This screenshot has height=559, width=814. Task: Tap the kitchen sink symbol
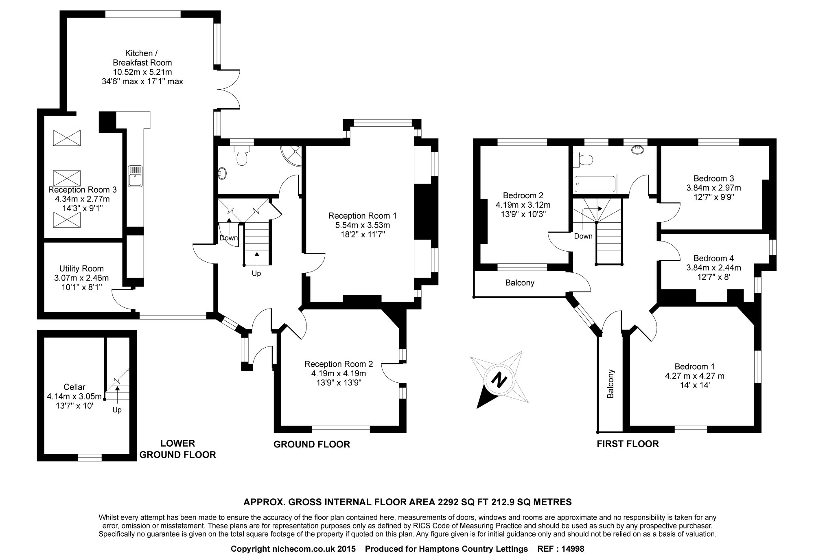[136, 176]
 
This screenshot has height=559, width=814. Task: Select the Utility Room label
[81, 269]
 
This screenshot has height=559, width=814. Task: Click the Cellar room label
[74, 387]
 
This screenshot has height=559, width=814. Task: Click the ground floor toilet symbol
[242, 156]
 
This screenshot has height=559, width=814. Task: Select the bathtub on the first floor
[595, 184]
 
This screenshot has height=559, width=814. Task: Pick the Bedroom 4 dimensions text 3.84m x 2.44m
[713, 268]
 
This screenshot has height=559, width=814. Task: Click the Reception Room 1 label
[362, 216]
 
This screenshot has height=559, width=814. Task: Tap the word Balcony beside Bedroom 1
[610, 384]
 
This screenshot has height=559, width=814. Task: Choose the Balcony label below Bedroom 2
[520, 283]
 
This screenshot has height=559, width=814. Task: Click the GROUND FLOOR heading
[312, 444]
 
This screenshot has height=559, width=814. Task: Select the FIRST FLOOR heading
[628, 444]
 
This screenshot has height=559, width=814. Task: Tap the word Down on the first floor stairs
[583, 236]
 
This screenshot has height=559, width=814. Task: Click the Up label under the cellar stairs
[117, 410]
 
